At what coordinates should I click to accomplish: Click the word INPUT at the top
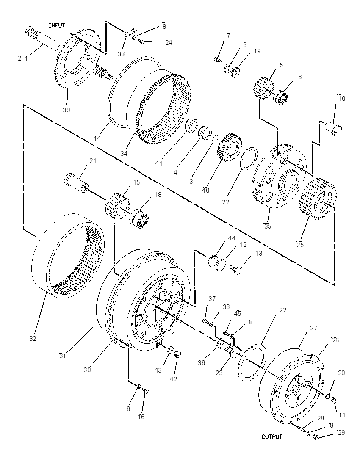[57, 25]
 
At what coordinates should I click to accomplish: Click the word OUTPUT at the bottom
[272, 436]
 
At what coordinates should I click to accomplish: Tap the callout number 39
[66, 110]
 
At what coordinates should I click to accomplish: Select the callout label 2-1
[22, 58]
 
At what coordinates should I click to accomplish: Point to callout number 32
[33, 339]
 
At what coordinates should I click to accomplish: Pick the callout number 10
[342, 98]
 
